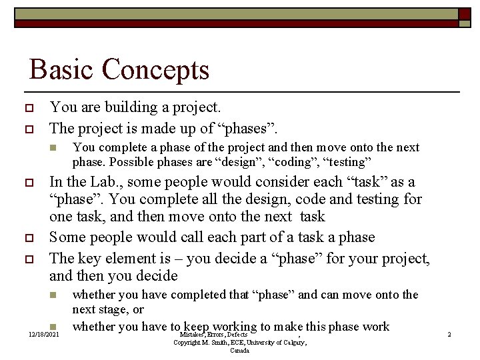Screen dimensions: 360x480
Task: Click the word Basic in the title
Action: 61,69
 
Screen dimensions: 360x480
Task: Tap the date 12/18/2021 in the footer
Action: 43,334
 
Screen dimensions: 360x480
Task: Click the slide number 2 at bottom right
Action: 449,334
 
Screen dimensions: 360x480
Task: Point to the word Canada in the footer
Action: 240,350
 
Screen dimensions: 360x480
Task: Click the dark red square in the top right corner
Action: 464,14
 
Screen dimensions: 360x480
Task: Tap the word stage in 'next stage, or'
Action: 117,310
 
